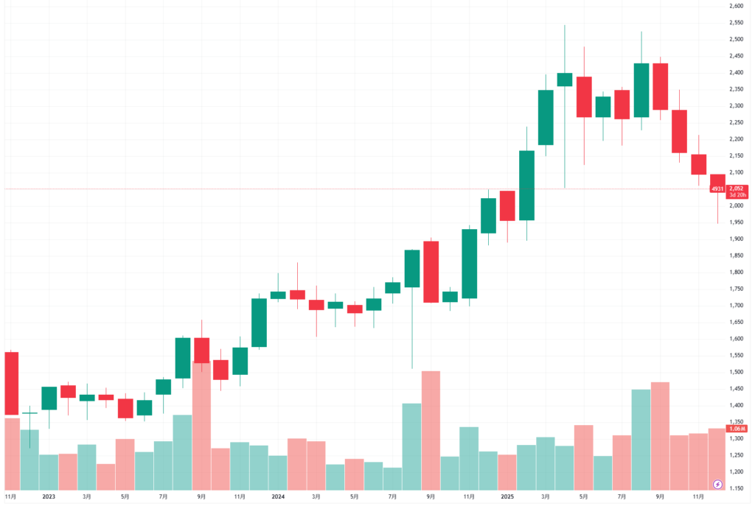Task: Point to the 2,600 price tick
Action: [x=735, y=6]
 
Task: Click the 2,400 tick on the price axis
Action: [x=735, y=72]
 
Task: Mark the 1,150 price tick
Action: [x=735, y=488]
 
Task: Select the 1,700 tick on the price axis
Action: [x=735, y=306]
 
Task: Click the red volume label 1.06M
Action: [x=737, y=429]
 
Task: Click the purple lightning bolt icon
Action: [x=718, y=484]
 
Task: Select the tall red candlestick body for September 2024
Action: [x=431, y=272]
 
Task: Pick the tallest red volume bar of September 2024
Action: [x=431, y=430]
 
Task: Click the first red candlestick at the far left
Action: [x=11, y=383]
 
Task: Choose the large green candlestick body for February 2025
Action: [x=526, y=185]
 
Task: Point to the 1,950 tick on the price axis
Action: [x=735, y=222]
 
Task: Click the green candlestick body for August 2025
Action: [x=641, y=90]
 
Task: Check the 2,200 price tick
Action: [x=735, y=139]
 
